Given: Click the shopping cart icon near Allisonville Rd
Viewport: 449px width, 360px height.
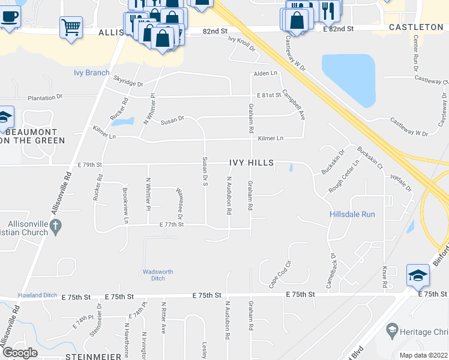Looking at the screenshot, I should (71, 27).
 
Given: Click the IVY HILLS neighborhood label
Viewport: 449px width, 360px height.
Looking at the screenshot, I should (251, 163).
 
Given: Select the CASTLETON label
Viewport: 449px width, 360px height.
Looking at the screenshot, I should (415, 28).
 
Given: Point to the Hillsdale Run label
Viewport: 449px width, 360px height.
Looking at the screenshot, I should (352, 214).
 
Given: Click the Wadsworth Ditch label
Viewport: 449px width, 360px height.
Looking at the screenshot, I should (158, 275).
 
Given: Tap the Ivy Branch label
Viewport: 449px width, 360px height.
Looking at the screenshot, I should (91, 73).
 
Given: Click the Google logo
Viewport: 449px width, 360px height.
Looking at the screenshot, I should (20, 353).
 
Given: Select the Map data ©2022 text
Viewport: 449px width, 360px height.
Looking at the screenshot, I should (423, 355).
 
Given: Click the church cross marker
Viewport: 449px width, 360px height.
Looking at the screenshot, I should (56, 227).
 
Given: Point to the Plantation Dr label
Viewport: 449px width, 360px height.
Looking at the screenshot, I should (45, 97).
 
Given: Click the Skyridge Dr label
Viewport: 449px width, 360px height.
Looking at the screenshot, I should (128, 81).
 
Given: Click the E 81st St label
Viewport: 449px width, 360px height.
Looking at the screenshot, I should (270, 95).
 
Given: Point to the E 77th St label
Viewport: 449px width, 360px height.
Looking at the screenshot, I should (171, 224).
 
